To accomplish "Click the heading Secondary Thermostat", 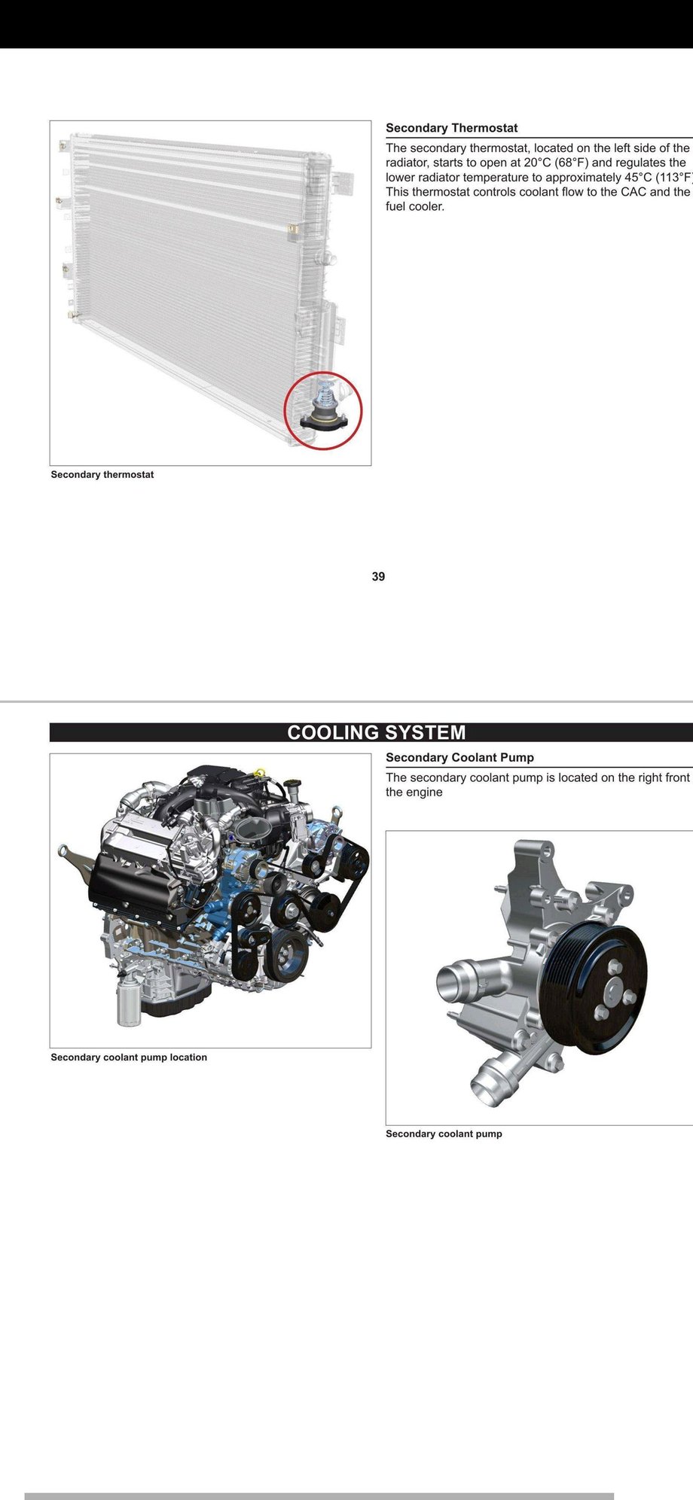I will pos(451,128).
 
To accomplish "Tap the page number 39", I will pos(378,577).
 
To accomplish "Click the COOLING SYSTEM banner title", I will pos(376,732).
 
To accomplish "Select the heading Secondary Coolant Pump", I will pos(459,757).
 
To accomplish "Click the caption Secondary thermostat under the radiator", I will pos(102,475).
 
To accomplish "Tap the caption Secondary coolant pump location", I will pos(128,1057).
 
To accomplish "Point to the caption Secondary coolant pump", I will pos(444,1133).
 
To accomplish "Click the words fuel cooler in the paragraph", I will pos(415,207).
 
